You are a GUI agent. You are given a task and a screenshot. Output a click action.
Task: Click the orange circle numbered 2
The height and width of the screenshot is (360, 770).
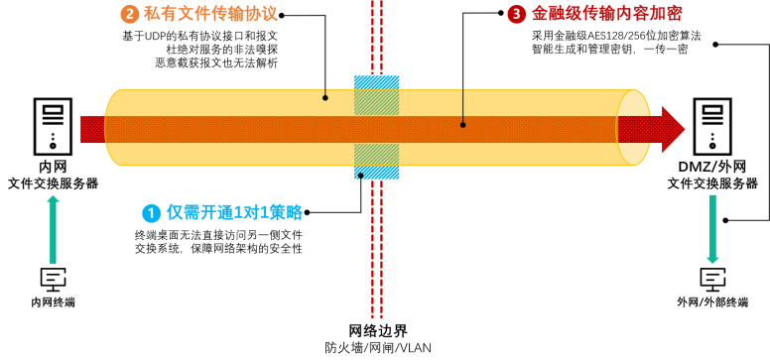130,14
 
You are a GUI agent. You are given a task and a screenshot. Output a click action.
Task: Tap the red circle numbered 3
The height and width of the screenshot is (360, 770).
517,14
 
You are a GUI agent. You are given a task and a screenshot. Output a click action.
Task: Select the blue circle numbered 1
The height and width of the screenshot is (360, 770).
151,213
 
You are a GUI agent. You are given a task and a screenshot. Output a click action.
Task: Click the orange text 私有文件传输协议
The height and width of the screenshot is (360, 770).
210,14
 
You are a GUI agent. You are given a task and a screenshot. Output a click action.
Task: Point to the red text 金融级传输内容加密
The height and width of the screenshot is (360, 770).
606,14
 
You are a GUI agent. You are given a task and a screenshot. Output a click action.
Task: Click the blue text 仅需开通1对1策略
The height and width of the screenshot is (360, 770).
234,213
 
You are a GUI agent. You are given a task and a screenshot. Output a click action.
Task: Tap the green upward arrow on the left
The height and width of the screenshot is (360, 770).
54,229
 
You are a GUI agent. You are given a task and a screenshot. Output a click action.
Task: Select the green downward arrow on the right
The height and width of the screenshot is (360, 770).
712,229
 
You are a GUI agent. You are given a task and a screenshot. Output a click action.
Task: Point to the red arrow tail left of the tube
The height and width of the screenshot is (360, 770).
91,130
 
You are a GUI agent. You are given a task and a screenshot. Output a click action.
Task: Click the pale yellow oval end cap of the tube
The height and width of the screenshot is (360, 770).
632,127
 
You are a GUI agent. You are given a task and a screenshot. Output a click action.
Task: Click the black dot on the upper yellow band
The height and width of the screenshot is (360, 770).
325,97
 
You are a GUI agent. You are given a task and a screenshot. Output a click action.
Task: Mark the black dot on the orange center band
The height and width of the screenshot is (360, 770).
462,125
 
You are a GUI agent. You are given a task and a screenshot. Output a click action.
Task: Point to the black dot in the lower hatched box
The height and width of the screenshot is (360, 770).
360,176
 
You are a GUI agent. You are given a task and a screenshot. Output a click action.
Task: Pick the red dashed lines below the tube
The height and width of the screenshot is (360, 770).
377,248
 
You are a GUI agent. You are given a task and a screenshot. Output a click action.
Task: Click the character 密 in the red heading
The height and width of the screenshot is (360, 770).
675,14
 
